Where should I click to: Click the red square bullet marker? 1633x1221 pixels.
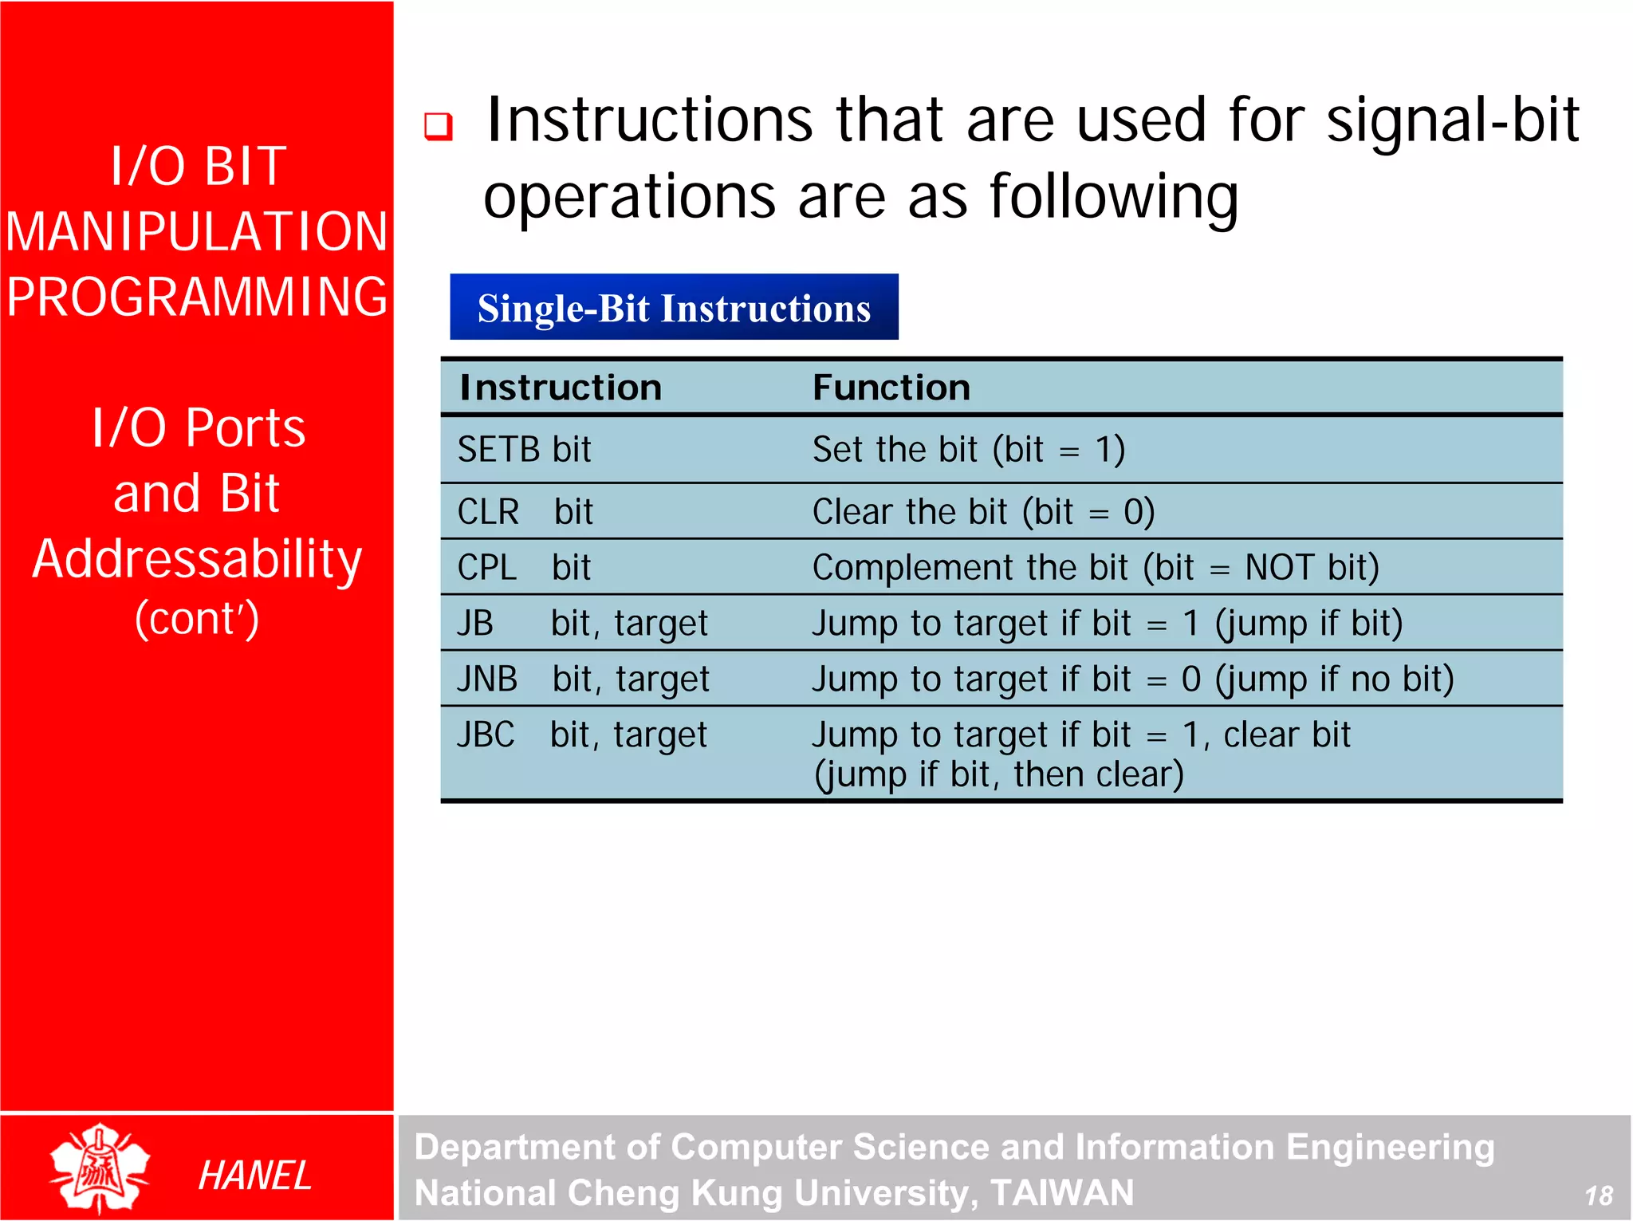(x=438, y=126)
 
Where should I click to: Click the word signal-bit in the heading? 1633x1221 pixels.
(x=1452, y=120)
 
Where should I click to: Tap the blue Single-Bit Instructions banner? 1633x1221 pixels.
(x=674, y=308)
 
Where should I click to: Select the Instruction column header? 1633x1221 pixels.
(x=561, y=388)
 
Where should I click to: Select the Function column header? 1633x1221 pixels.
(x=891, y=388)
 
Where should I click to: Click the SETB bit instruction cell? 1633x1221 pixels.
(x=524, y=450)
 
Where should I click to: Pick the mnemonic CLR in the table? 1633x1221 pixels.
(x=488, y=512)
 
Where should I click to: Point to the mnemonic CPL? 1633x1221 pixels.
(x=486, y=568)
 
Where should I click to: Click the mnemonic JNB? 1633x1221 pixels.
(x=486, y=679)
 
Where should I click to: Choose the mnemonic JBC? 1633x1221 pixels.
(x=486, y=735)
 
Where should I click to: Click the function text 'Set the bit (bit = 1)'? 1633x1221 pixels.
(x=968, y=450)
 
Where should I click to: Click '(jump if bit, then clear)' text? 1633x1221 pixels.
(x=998, y=774)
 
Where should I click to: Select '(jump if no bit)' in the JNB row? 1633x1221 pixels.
(x=1334, y=679)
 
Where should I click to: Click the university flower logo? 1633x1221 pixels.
(x=99, y=1168)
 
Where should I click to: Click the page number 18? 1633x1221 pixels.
(x=1598, y=1195)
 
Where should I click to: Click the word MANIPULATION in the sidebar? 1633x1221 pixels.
(x=196, y=232)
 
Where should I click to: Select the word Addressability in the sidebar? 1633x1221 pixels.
(x=197, y=558)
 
